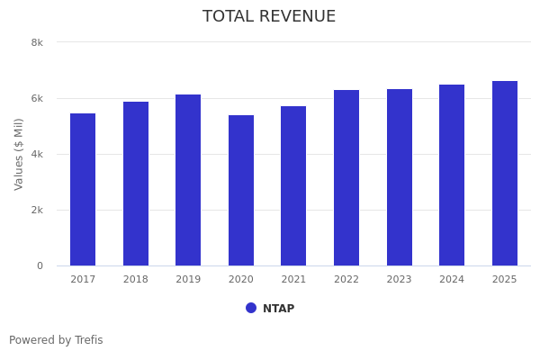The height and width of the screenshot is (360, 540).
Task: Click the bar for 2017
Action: click(x=83, y=189)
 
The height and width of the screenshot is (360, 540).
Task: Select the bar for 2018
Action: click(x=136, y=184)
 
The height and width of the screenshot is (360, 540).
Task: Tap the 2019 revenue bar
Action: click(x=188, y=180)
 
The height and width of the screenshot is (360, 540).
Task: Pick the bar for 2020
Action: click(x=241, y=190)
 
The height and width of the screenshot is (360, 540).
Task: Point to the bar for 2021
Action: click(x=293, y=185)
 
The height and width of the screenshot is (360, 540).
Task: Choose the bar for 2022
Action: click(x=346, y=177)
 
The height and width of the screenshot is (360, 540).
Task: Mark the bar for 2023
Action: click(x=400, y=177)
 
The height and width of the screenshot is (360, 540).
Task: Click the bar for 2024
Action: click(x=452, y=175)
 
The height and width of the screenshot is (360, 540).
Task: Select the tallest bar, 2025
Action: click(x=505, y=173)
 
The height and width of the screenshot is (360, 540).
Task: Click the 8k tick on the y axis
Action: click(x=37, y=42)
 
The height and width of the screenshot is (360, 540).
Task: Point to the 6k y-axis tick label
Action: click(x=37, y=98)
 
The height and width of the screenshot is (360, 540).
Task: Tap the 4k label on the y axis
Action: click(x=37, y=154)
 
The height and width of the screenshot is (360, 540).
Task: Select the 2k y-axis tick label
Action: click(x=37, y=210)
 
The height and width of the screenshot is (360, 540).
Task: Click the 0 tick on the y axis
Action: click(x=40, y=265)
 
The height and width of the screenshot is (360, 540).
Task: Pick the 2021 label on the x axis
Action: click(x=293, y=279)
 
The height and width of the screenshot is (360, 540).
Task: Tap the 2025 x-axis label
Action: click(x=505, y=279)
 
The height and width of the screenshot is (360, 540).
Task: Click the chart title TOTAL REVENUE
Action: click(x=269, y=16)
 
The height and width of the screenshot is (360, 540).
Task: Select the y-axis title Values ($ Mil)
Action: click(x=19, y=154)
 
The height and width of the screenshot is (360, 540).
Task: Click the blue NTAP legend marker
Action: click(x=251, y=308)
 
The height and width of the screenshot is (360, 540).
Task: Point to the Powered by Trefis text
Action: click(x=56, y=340)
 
